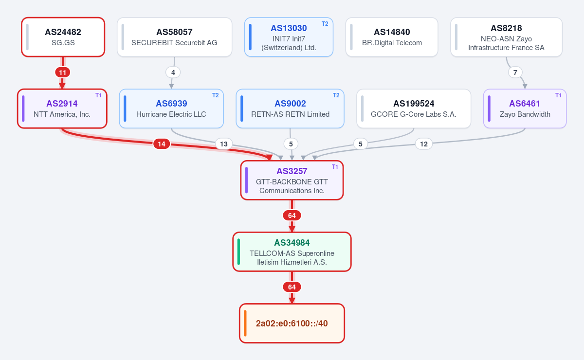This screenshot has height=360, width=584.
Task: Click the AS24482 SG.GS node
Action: pyautogui.click(x=63, y=37)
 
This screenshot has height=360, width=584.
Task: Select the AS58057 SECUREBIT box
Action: pyautogui.click(x=174, y=37)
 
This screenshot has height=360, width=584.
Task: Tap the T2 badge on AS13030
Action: pyautogui.click(x=325, y=24)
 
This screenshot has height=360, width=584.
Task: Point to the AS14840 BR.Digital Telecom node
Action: pyautogui.click(x=392, y=37)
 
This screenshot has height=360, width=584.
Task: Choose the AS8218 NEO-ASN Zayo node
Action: pyautogui.click(x=506, y=37)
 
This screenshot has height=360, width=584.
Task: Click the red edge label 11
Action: pyautogui.click(x=63, y=72)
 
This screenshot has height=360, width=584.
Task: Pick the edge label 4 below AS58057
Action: pyautogui.click(x=173, y=72)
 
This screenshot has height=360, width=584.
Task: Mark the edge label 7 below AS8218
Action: pyautogui.click(x=515, y=72)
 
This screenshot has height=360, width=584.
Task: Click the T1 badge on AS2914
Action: pyautogui.click(x=98, y=95)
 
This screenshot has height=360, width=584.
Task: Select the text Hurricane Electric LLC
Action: pyautogui.click(x=171, y=114)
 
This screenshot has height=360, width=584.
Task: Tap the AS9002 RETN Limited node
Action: pyautogui.click(x=290, y=108)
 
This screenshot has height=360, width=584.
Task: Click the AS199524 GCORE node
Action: pyautogui.click(x=414, y=108)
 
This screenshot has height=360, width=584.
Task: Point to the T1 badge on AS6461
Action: pyautogui.click(x=558, y=95)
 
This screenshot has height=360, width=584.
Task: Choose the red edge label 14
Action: pyautogui.click(x=162, y=144)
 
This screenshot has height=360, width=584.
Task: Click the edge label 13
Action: pyautogui.click(x=224, y=144)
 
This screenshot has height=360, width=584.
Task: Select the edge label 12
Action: pyautogui.click(x=424, y=144)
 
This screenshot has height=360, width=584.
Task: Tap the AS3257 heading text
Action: pyautogui.click(x=292, y=171)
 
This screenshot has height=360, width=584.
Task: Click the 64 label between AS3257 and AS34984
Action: pyautogui.click(x=292, y=216)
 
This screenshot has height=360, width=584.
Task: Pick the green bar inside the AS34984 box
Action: pyautogui.click(x=238, y=252)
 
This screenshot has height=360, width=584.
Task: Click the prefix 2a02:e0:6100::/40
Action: pyautogui.click(x=292, y=323)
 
